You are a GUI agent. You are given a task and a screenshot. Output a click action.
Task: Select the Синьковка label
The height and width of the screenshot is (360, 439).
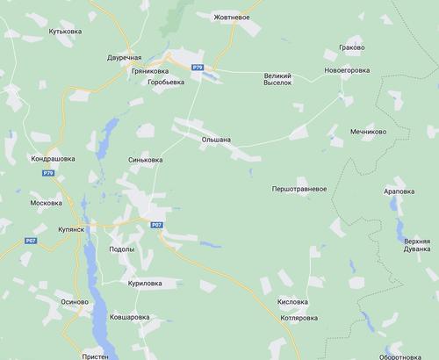[145, 161]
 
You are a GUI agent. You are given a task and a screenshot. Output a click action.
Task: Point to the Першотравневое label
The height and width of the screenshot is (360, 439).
[299, 189]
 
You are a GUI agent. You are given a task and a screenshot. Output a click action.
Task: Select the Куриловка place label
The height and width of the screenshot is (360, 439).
[144, 283]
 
